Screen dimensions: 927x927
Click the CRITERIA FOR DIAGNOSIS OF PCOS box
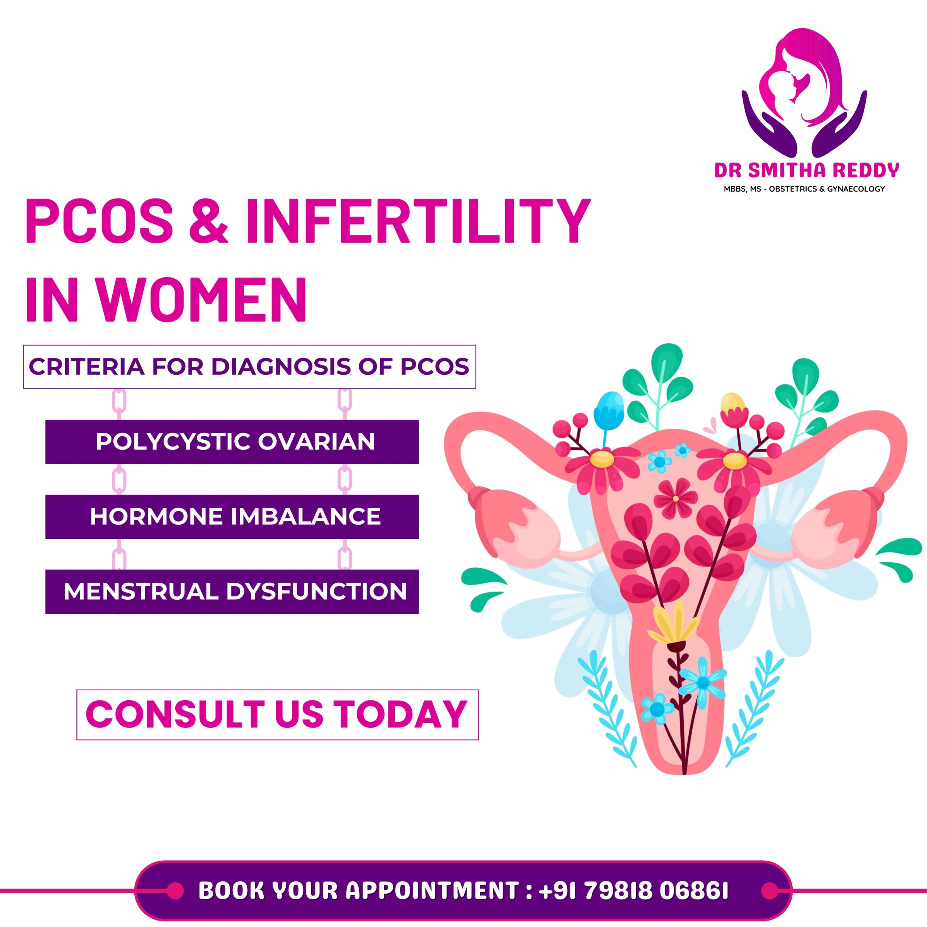(249, 366)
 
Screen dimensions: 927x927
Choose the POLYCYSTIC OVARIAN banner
(232, 442)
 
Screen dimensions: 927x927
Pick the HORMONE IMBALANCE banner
(232, 517)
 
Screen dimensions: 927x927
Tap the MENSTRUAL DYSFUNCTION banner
(232, 592)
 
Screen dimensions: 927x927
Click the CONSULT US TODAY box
(277, 714)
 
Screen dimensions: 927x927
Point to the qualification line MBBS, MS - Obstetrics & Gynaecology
(805, 189)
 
